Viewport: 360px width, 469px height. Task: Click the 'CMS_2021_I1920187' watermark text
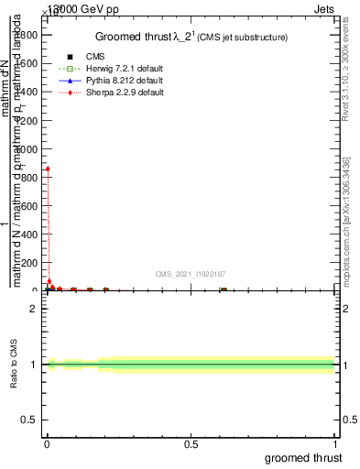point(191,274)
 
